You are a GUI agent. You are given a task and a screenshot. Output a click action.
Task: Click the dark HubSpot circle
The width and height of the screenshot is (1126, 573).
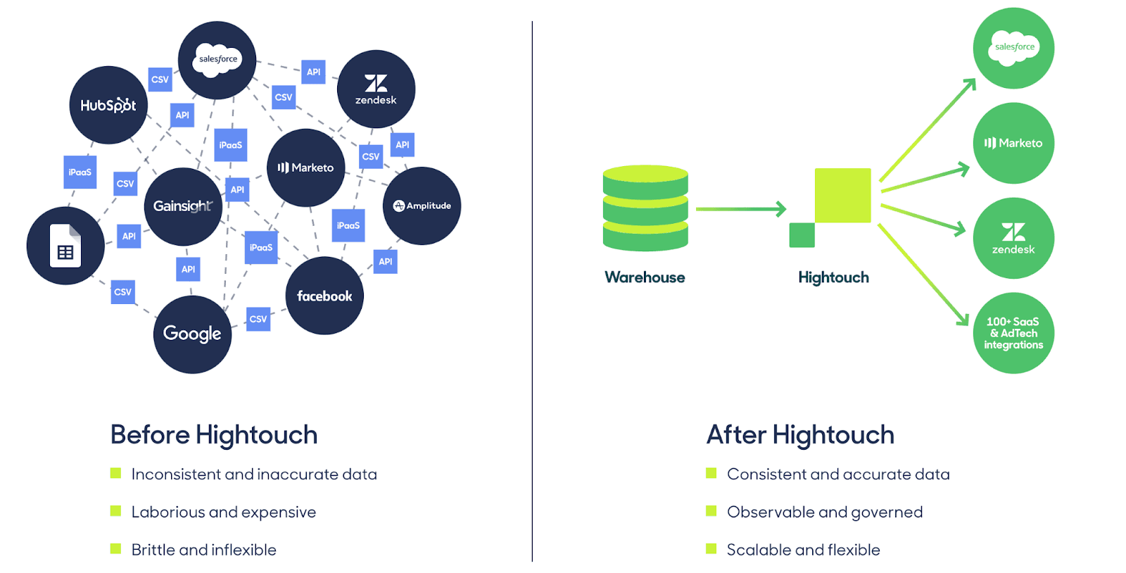(x=108, y=106)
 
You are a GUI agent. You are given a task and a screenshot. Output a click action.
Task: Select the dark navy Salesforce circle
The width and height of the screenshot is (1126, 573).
(x=217, y=60)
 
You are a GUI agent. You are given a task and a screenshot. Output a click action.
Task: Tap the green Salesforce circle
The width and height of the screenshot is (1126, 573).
(x=1013, y=48)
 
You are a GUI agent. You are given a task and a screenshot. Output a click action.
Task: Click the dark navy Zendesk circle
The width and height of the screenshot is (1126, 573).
(x=376, y=89)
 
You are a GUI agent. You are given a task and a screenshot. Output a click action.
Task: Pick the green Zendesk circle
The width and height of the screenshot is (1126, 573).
(x=1013, y=238)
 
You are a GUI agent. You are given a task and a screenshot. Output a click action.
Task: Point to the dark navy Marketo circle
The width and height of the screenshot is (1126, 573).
(x=305, y=168)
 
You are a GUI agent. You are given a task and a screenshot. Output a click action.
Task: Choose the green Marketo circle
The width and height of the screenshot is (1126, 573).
(x=1013, y=143)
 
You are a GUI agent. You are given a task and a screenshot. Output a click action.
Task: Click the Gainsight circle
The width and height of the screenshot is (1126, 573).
(x=183, y=206)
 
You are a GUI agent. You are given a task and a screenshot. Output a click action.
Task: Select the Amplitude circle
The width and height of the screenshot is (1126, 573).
(x=422, y=206)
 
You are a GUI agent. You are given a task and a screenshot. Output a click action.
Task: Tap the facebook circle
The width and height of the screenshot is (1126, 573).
(x=324, y=296)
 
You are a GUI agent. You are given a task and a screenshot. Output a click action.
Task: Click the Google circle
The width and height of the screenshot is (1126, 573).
(x=192, y=334)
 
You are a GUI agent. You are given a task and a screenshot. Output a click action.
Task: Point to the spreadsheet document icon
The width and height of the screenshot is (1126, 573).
(x=65, y=246)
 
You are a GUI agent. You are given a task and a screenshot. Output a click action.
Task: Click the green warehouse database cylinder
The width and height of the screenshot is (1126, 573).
(x=645, y=208)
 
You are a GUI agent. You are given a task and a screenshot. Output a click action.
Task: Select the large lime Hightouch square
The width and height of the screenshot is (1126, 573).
(x=842, y=195)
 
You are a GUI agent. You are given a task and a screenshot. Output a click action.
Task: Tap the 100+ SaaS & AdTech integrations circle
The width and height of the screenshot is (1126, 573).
(x=1013, y=333)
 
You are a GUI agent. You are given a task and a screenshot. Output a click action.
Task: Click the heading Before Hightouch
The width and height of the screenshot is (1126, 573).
(x=214, y=435)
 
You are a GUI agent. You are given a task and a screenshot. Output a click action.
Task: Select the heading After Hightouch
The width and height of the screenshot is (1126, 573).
(x=800, y=435)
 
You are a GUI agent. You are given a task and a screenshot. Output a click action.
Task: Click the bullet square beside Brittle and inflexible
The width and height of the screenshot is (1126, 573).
(x=116, y=548)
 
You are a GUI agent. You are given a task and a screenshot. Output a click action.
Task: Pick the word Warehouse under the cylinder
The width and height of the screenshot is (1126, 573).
(x=645, y=277)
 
